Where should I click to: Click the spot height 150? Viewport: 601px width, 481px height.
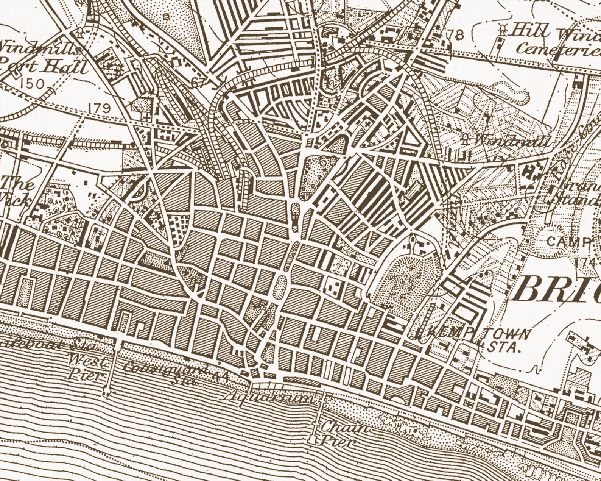tap(33, 84)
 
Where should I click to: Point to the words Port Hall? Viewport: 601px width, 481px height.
tap(44, 67)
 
